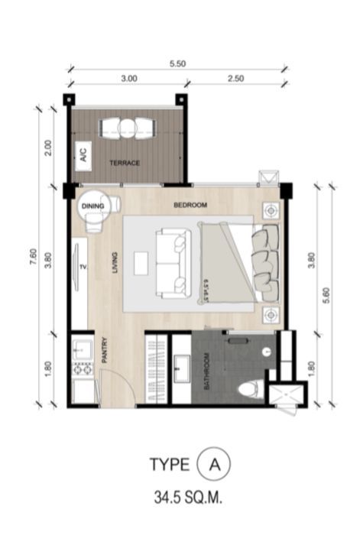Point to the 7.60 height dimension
coord(33,258)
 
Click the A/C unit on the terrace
coord(81,157)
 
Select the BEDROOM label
coord(190,206)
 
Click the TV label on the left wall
coord(83,268)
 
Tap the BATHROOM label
coord(206,372)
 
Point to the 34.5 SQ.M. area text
coord(186,498)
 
